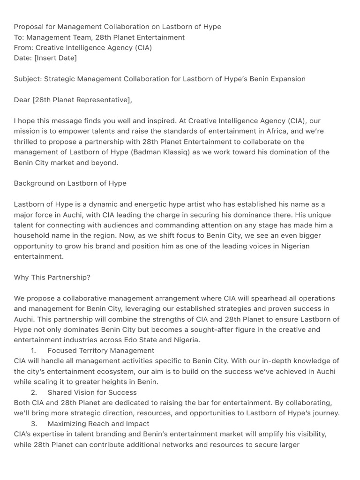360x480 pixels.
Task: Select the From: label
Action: (23, 47)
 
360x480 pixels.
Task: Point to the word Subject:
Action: (28, 79)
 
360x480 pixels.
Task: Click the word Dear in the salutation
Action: (22, 100)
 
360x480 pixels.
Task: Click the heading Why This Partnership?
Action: (52, 277)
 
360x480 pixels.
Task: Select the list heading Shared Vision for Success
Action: (92, 392)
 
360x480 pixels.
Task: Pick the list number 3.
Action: (34, 423)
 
